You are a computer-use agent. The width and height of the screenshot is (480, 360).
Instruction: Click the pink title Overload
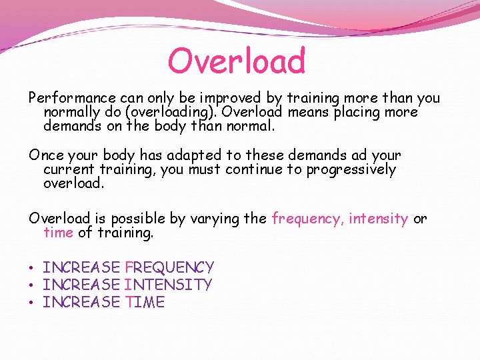tap(237, 61)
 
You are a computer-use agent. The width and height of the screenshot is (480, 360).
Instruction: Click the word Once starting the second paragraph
tap(46, 155)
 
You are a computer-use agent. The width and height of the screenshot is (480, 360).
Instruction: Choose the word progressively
tap(351, 169)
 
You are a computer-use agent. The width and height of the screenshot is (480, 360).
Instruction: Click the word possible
tap(136, 219)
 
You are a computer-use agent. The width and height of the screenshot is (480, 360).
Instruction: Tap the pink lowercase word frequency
tap(307, 219)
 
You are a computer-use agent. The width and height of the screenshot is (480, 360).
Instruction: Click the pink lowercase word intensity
tap(379, 219)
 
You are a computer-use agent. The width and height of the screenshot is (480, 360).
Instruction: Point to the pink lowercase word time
tap(58, 233)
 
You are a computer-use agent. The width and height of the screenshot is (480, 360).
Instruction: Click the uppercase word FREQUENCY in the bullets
tap(169, 268)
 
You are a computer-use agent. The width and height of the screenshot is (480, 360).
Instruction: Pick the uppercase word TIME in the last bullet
tap(145, 303)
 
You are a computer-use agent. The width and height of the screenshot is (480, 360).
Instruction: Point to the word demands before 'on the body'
tap(73, 126)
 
